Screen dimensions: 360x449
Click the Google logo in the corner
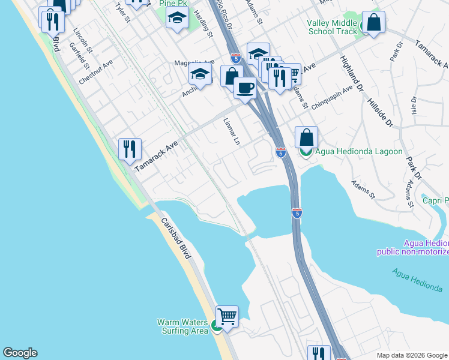pos(20,353)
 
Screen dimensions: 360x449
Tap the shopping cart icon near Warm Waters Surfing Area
pos(227,316)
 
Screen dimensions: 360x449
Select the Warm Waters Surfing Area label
pos(182,326)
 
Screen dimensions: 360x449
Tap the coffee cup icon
pos(245,88)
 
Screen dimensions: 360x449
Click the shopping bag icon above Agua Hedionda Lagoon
pos(306,137)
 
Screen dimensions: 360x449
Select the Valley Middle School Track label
pos(332,27)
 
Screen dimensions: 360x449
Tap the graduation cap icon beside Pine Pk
pos(177,20)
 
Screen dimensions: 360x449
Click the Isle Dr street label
pos(414,107)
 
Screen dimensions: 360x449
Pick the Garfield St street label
pos(79,55)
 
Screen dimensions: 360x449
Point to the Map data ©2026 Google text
pos(412,355)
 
